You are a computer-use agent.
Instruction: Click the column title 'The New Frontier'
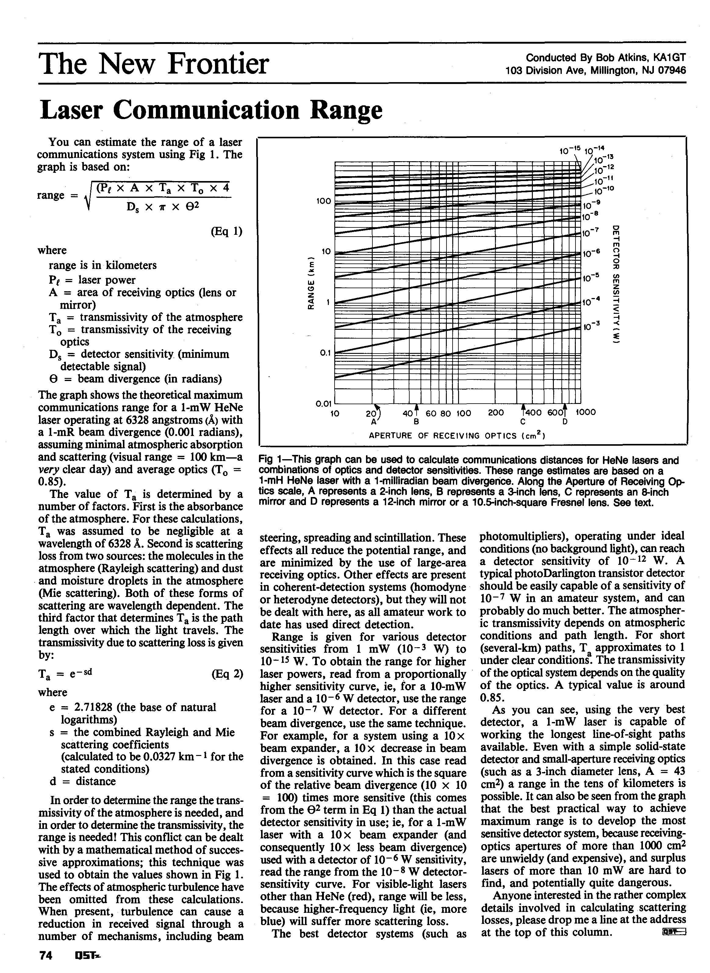pos(154,64)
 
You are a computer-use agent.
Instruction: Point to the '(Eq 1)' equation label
pos(227,231)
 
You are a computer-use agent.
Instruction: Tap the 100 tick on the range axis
pos(324,201)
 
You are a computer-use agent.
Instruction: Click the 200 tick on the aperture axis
pos(496,412)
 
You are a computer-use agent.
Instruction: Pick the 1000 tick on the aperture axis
pos(585,412)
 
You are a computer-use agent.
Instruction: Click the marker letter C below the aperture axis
pos(523,422)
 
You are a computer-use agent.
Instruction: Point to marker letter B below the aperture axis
pos(416,422)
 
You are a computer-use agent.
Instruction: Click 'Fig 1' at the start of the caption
pos(270,461)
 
